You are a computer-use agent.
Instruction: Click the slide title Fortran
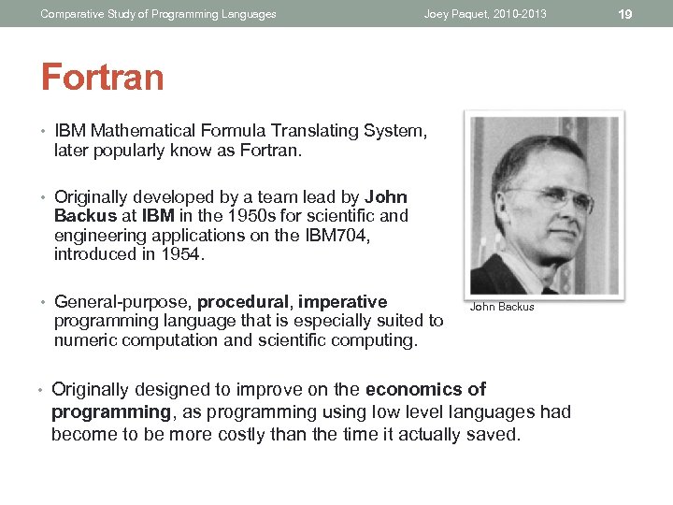(x=102, y=77)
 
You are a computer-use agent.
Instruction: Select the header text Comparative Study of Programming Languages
(x=158, y=14)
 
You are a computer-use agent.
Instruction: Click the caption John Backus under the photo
(x=502, y=307)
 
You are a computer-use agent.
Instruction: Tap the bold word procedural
(x=245, y=302)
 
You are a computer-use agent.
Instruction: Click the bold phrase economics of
(x=426, y=389)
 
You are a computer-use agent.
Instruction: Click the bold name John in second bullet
(x=386, y=197)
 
